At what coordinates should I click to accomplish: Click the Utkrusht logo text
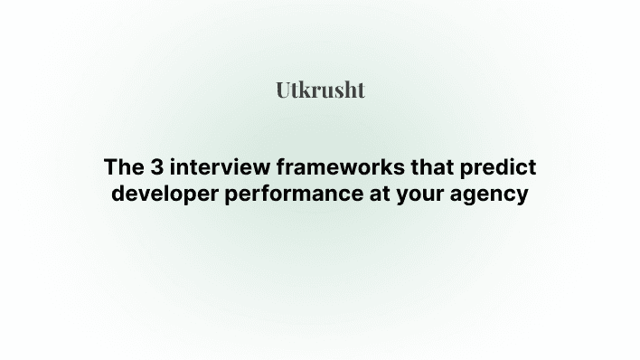point(320,90)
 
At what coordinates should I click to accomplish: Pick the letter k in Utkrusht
point(305,90)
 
